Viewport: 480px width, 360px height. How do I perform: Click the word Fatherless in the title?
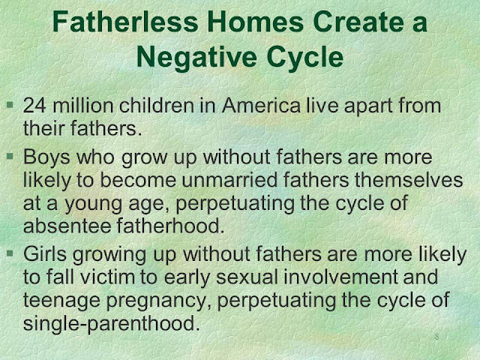(x=125, y=22)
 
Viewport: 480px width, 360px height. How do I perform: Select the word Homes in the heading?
(x=256, y=22)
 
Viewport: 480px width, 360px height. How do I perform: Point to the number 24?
(x=34, y=106)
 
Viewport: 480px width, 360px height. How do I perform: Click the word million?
(x=83, y=106)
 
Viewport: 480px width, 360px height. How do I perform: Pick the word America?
(x=262, y=106)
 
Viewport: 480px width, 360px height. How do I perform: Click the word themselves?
(x=409, y=180)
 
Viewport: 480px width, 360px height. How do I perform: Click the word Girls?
(x=45, y=254)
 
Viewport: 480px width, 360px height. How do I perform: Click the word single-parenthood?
(x=112, y=323)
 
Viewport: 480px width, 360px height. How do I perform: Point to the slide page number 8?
(x=436, y=337)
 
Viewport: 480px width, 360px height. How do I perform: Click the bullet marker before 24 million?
(x=10, y=105)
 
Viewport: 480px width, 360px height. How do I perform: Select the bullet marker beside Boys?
(x=10, y=157)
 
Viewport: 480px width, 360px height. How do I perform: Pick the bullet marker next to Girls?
(x=10, y=253)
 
